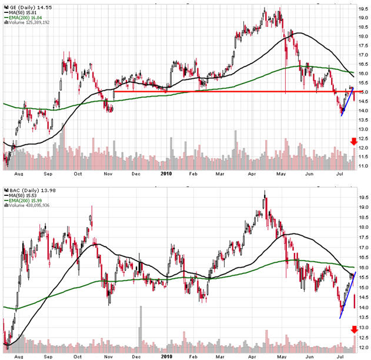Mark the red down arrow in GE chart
353,141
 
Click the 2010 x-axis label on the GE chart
166,174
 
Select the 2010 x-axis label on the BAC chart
166,356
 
